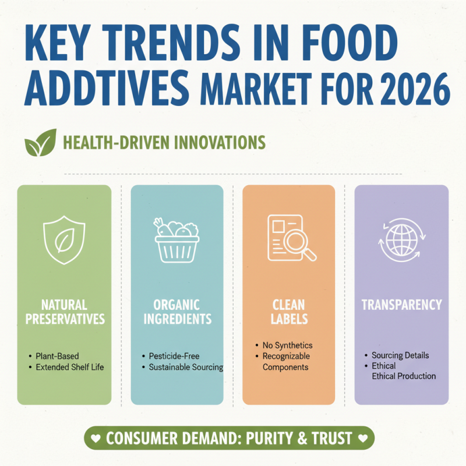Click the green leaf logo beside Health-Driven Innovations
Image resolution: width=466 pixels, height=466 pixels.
pos(40,143)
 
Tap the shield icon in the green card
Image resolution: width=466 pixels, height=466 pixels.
pos(65,240)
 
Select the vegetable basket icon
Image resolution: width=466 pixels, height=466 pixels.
pos(176,239)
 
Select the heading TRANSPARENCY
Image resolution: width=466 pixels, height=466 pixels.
pos(401,305)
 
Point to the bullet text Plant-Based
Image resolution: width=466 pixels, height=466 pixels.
pos(57,356)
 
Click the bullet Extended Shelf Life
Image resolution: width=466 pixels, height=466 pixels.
pos(69,368)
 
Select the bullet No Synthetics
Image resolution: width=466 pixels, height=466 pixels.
pos(287,345)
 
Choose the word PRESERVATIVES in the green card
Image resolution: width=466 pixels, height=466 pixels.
pos(65,319)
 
